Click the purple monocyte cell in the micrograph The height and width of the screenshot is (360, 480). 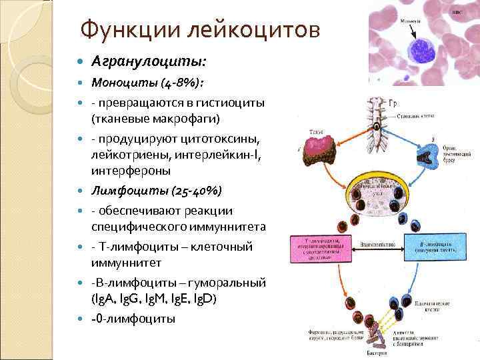[x=421, y=49]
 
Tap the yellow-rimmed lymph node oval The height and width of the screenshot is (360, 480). [x=378, y=194]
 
